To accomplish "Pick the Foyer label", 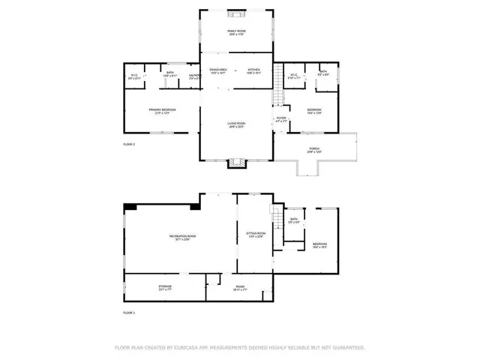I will point(281,118).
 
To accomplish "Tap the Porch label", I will point(313,150).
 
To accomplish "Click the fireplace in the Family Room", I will point(237,13).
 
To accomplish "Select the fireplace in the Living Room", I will point(237,162).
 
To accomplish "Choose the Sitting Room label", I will point(255,235).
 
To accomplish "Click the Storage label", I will point(164,287).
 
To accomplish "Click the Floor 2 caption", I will point(129,143).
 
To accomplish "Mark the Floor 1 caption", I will point(129,312).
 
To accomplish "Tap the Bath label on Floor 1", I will point(294,220).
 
